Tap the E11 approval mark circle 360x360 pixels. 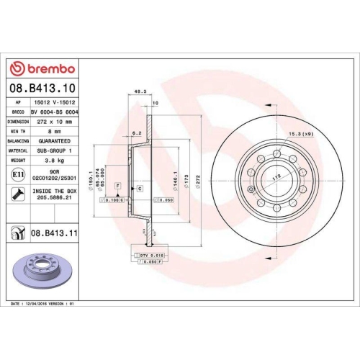point(17,174)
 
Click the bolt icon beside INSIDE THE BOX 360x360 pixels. point(17,194)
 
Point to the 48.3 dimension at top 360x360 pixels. point(140,91)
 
